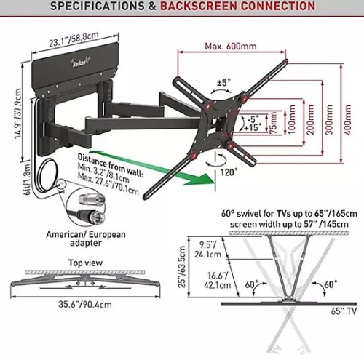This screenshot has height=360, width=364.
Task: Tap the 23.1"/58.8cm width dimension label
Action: (x=74, y=39)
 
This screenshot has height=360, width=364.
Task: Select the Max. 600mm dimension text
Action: (x=231, y=46)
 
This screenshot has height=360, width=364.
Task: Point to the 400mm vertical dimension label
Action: (x=347, y=120)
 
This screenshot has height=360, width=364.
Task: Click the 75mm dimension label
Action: (x=274, y=123)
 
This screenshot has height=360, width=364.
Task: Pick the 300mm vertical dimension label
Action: (x=329, y=120)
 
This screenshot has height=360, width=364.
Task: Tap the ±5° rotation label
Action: (x=223, y=82)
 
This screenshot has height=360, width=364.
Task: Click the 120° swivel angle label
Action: (x=229, y=172)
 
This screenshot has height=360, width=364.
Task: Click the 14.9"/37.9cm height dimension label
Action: (x=17, y=113)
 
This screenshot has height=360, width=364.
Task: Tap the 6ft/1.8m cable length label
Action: (x=27, y=180)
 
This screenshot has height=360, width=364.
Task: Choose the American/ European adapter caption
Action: (x=86, y=239)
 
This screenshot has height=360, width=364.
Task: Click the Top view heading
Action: (x=85, y=263)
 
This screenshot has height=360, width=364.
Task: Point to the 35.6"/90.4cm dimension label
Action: (x=85, y=304)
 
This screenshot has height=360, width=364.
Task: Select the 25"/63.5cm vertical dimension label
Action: (x=182, y=267)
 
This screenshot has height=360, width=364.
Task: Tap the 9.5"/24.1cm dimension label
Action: (x=207, y=249)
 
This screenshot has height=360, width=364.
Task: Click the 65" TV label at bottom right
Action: (x=344, y=311)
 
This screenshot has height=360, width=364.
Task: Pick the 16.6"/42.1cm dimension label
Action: (x=217, y=280)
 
